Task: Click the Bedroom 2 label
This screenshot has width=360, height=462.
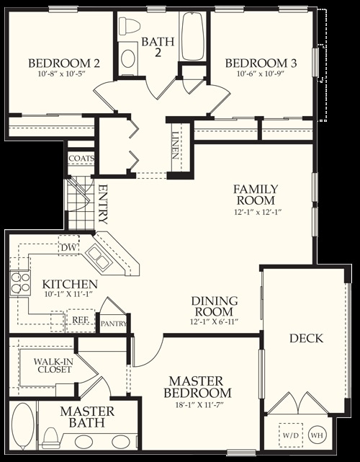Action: point(64,63)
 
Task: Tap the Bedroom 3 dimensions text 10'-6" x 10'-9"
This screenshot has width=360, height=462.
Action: point(260,74)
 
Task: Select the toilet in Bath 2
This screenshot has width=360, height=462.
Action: point(129,26)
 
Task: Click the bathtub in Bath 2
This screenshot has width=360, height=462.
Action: point(193,36)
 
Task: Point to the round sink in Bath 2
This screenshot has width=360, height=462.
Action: point(128,58)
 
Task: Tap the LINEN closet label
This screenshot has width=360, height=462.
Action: point(176,145)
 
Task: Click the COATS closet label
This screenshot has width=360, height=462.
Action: point(81,159)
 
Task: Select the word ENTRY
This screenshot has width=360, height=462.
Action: point(102,204)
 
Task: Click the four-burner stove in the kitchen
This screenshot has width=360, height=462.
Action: point(20,283)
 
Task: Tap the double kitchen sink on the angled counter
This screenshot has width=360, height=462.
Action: point(99,258)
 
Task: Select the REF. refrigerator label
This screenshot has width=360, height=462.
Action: point(79,320)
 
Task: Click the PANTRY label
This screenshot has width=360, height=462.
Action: point(113,324)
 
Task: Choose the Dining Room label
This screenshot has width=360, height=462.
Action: point(215,306)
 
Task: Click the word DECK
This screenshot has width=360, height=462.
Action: point(307,338)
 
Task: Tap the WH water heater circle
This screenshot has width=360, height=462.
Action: point(317,435)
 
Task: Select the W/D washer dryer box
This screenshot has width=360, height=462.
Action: point(291,435)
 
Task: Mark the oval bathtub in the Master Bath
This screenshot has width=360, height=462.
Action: point(22,426)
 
